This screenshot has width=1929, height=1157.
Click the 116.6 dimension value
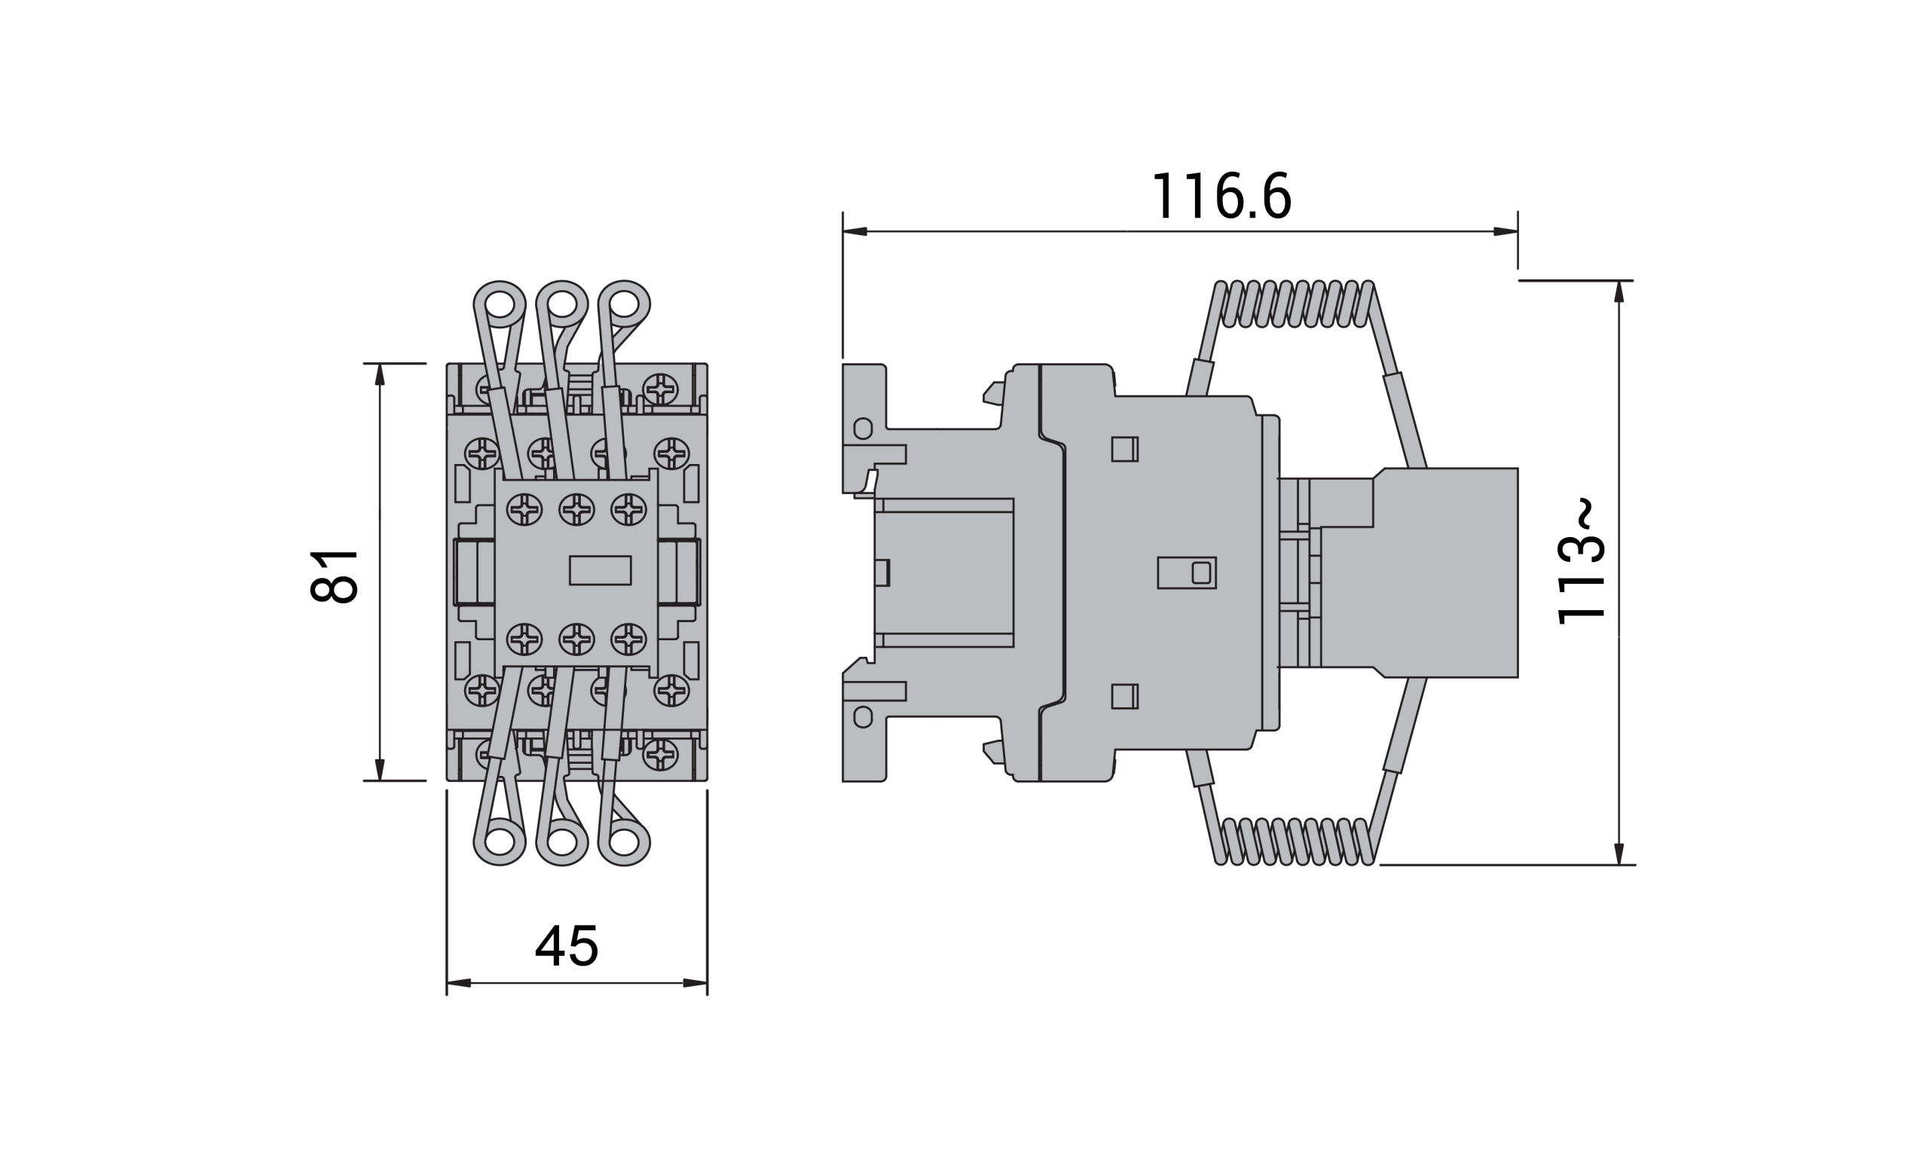click(x=1221, y=196)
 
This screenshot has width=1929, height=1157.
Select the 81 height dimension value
click(x=334, y=576)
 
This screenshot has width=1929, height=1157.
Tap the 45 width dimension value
click(x=567, y=946)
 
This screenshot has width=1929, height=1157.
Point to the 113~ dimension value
click(x=1580, y=560)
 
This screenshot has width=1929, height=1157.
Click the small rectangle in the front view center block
click(x=600, y=570)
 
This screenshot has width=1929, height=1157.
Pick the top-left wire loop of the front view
click(x=500, y=304)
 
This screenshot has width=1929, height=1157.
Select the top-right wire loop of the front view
click(x=624, y=304)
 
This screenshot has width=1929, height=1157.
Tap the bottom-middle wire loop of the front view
click(x=562, y=842)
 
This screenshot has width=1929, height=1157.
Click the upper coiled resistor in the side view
click(x=1295, y=304)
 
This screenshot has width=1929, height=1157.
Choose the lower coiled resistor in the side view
click(x=1295, y=841)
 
